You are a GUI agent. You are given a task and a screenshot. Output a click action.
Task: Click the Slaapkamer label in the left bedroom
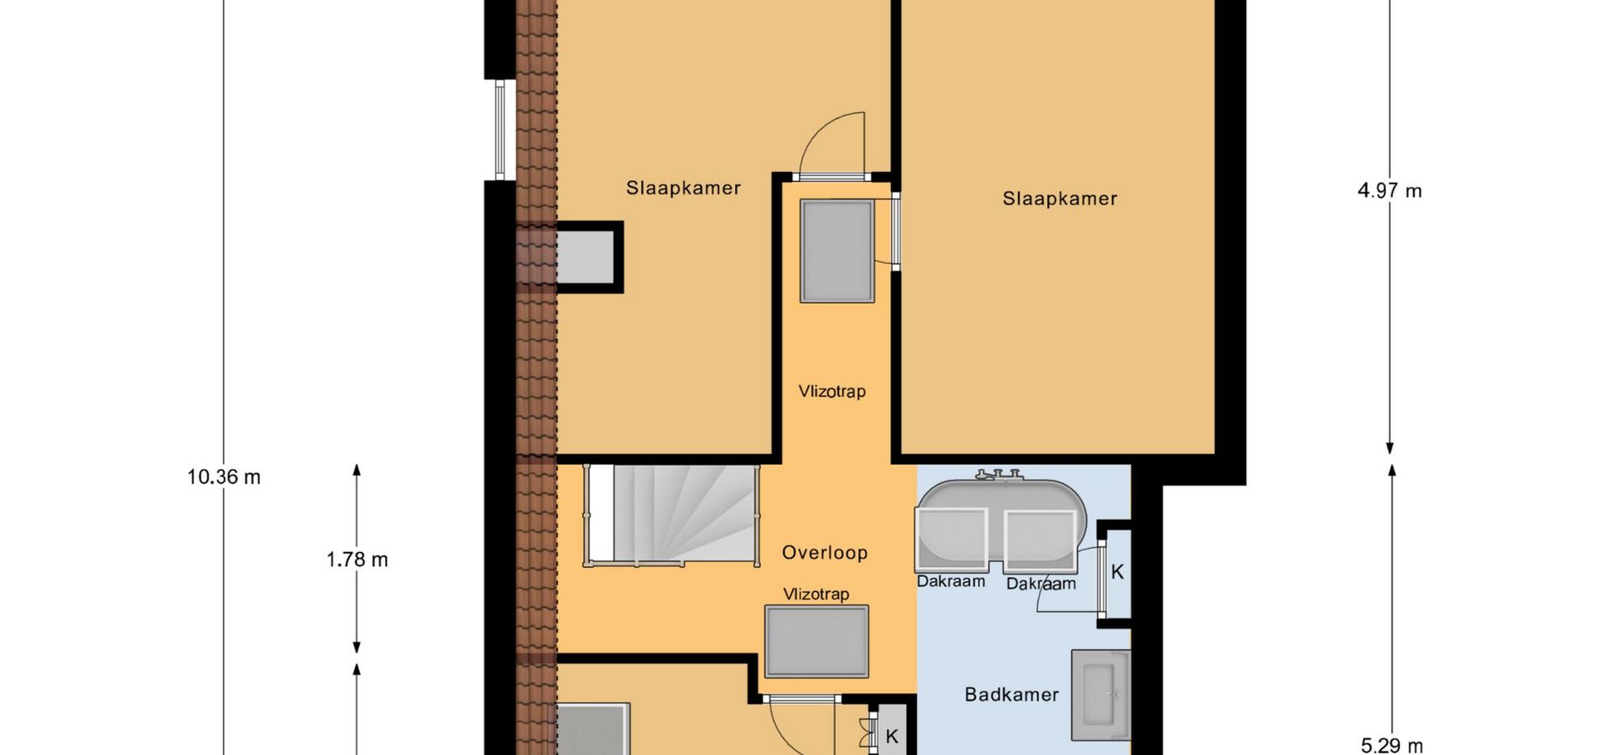[x=683, y=188]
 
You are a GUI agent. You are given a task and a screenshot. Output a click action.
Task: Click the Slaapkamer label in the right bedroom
[x=1060, y=199]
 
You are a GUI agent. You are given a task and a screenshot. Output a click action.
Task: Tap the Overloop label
[x=825, y=553]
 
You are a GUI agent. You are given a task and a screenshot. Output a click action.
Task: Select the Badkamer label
[x=1011, y=695]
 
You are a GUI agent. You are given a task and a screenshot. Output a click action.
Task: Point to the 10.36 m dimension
[x=224, y=477]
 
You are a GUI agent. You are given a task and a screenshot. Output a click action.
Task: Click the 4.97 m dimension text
[x=1389, y=191]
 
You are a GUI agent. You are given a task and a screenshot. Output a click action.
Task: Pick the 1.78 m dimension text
[x=357, y=560]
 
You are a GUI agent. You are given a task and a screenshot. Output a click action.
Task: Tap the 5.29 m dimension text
[x=1391, y=745]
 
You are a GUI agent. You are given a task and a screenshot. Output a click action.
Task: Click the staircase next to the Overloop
[x=672, y=515]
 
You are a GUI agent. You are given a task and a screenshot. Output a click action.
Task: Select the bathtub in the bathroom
[x=1001, y=522]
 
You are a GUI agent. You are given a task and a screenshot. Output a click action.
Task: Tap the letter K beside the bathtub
[x=1117, y=572]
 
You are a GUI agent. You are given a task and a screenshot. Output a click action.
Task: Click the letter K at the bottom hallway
[x=892, y=737]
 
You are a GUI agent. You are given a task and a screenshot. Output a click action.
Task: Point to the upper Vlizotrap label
[x=832, y=392]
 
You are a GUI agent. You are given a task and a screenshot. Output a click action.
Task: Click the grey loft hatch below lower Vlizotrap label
[x=816, y=642]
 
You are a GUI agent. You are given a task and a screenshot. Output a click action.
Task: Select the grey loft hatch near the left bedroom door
[x=837, y=252]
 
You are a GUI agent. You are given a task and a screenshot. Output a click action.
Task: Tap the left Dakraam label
[x=951, y=581]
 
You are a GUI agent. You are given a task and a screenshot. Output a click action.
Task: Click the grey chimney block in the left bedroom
[x=587, y=257]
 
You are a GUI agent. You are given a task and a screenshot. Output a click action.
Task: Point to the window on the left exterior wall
[x=500, y=129]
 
